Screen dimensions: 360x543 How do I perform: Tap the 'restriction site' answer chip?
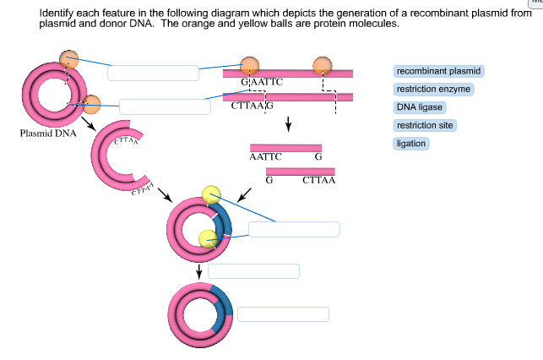pos(425,125)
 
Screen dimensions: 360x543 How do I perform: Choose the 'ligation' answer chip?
pos(411,144)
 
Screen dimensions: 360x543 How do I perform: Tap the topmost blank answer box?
pos(152,72)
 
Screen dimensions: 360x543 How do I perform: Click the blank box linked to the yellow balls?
pos(294,229)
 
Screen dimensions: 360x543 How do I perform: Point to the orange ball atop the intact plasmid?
pos(69,58)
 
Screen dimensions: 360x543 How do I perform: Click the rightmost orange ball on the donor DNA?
pos(323,66)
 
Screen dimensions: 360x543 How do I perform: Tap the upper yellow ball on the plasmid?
pos(211,194)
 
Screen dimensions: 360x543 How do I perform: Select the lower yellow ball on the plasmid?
pos(208,238)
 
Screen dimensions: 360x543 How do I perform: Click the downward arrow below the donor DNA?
pos(289,124)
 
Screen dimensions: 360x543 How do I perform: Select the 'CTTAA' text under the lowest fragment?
pos(319,180)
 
